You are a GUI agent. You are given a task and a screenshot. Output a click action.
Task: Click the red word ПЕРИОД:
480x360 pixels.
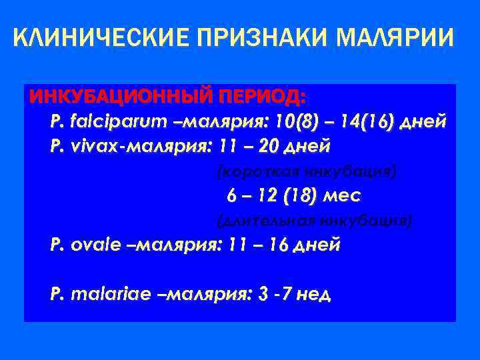(264, 97)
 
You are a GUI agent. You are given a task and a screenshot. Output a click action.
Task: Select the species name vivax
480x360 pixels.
(89, 145)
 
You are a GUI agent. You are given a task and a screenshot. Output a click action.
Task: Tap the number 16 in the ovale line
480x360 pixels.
(280, 245)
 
